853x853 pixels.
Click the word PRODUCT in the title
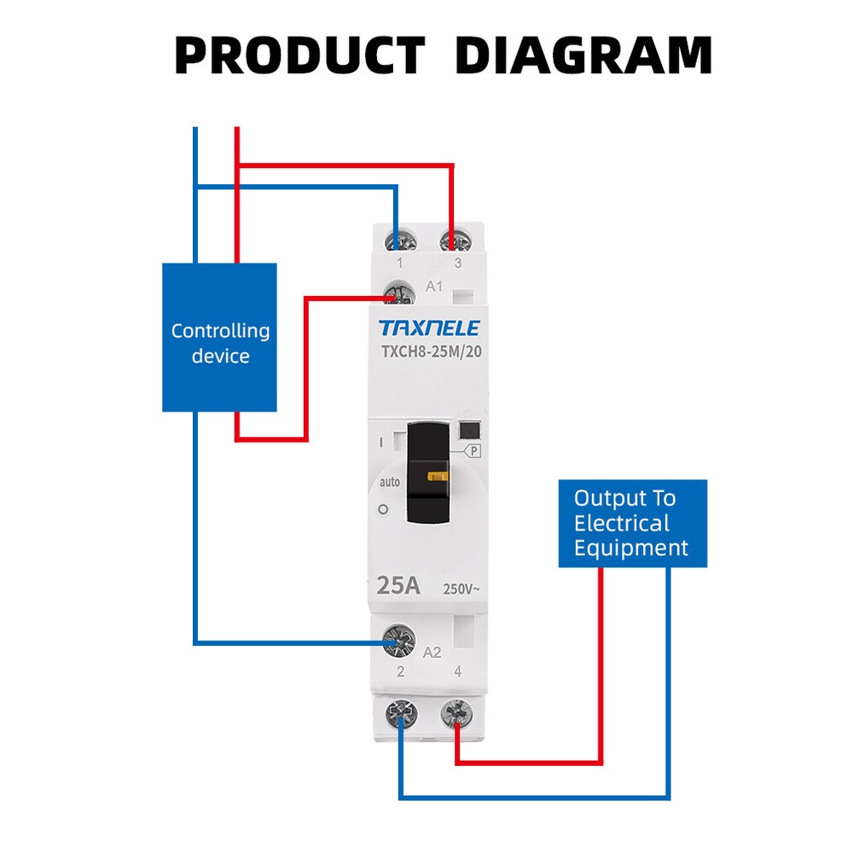pyautogui.click(x=299, y=56)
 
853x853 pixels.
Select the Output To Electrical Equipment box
pyautogui.click(x=632, y=523)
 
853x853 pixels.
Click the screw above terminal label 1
pyautogui.click(x=397, y=240)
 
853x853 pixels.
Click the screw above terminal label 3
pyautogui.click(x=452, y=240)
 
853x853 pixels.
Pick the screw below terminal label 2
pyautogui.click(x=399, y=712)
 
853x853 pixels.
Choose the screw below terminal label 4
pyautogui.click(x=455, y=712)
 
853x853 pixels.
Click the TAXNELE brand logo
pyautogui.click(x=429, y=328)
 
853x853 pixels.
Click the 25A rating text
pyautogui.click(x=398, y=586)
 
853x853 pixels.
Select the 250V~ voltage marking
pyautogui.click(x=461, y=589)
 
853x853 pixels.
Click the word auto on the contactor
pyautogui.click(x=389, y=482)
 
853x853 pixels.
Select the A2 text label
pyautogui.click(x=432, y=653)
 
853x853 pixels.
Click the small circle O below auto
pyautogui.click(x=383, y=509)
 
